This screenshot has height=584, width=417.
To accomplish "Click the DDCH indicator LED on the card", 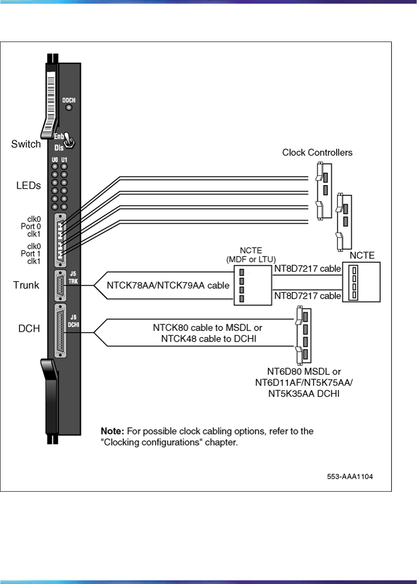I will coord(69,108).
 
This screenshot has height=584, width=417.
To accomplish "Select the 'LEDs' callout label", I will coord(26,186).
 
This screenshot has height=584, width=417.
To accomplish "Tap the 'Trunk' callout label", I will coord(26,286).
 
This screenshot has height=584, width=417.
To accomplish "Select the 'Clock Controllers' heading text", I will coord(317,152).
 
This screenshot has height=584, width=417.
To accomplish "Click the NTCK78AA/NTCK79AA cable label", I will coord(168,286).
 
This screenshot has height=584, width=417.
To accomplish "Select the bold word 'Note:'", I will coord(112,431).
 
